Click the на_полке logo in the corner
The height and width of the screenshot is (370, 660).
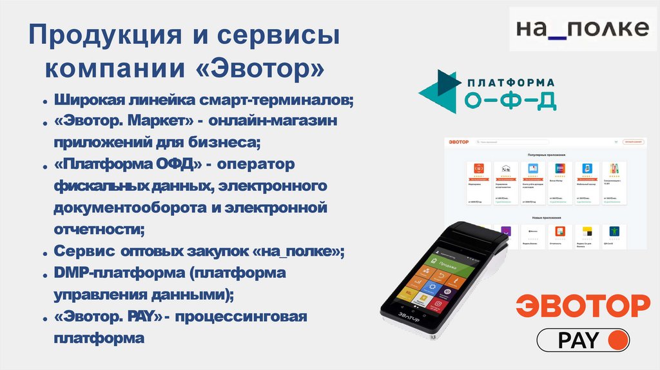[583, 29]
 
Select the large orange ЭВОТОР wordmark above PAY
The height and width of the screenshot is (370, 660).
[583, 306]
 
